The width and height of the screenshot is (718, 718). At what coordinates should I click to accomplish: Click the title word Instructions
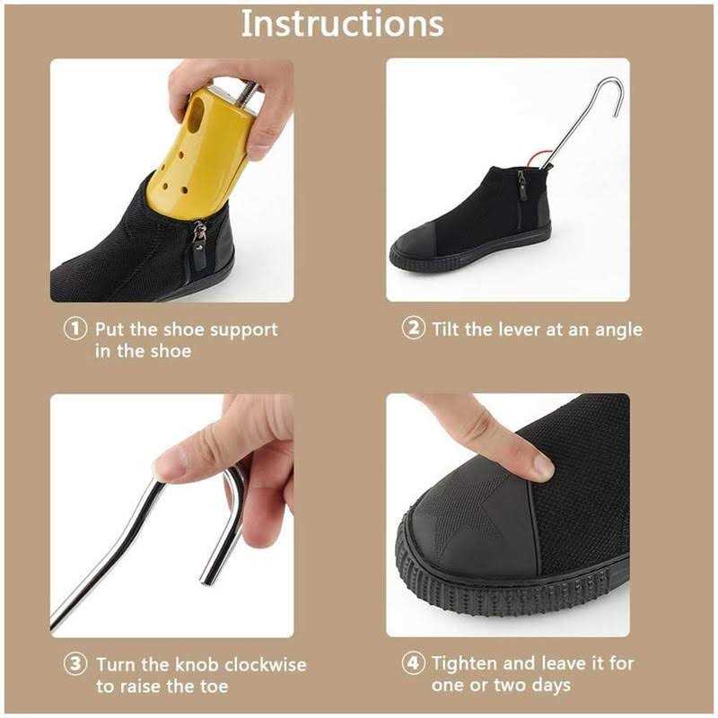coord(342,24)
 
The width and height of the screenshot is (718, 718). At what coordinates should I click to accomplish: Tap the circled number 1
coord(75,329)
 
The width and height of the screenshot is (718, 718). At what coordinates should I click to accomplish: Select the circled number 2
coord(413,328)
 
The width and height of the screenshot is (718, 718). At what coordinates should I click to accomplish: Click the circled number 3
coord(75,665)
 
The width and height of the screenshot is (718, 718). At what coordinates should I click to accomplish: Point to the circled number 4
coord(413,664)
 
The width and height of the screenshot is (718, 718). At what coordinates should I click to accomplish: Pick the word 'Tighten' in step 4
coord(466,664)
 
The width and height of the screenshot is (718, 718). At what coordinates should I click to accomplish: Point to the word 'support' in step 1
coord(243,329)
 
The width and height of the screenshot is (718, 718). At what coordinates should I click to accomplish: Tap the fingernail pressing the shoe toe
coord(542,465)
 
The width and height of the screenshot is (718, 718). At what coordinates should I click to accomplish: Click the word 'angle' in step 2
coord(618,329)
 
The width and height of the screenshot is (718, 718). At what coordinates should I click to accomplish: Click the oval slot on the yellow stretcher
coord(196,112)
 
